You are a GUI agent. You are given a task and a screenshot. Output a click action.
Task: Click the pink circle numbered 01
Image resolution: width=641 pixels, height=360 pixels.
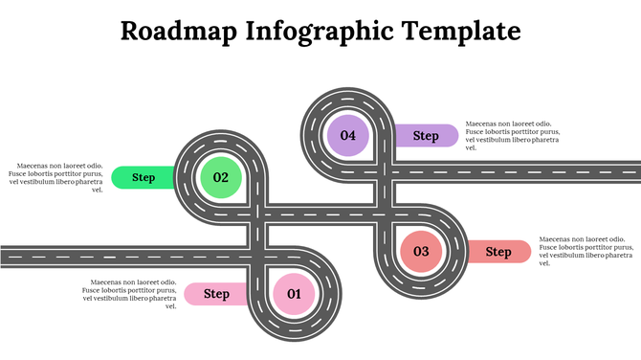pyautogui.click(x=294, y=294)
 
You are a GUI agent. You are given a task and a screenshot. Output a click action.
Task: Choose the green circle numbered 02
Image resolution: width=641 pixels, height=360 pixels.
pyautogui.click(x=221, y=177)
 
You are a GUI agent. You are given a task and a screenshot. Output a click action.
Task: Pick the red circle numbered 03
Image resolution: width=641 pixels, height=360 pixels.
pyautogui.click(x=421, y=252)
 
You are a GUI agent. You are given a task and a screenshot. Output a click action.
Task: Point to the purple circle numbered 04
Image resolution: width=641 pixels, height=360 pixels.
pyautogui.click(x=347, y=135)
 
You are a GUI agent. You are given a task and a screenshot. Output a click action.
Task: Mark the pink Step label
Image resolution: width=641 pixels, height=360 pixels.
pyautogui.click(x=216, y=294)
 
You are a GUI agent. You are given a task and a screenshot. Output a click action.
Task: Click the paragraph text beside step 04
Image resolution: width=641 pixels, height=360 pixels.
pyautogui.click(x=512, y=136)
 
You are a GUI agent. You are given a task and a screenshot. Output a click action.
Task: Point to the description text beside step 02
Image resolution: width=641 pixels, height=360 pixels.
pyautogui.click(x=55, y=177)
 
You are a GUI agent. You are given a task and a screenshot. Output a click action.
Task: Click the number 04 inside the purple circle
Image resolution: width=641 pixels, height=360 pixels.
pyautogui.click(x=347, y=135)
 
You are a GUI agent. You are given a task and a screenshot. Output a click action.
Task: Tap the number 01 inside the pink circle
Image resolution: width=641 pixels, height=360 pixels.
pyautogui.click(x=294, y=294)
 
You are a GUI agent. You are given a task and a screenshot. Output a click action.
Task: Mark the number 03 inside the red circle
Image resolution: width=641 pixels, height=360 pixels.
pyautogui.click(x=421, y=252)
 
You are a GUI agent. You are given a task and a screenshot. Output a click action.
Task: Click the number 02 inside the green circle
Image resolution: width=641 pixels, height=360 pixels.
pyautogui.click(x=221, y=177)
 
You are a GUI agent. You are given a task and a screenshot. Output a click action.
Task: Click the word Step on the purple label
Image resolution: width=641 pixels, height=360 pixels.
pyautogui.click(x=426, y=136)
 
